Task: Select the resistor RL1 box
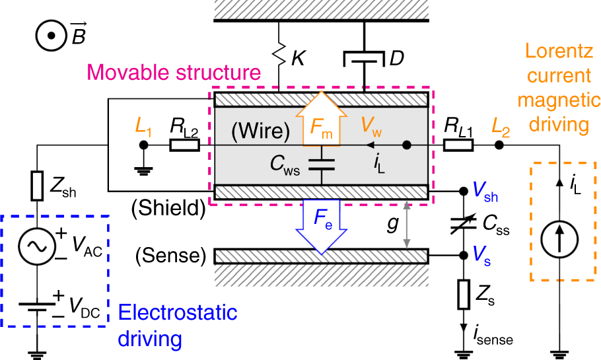tap(456, 145)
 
